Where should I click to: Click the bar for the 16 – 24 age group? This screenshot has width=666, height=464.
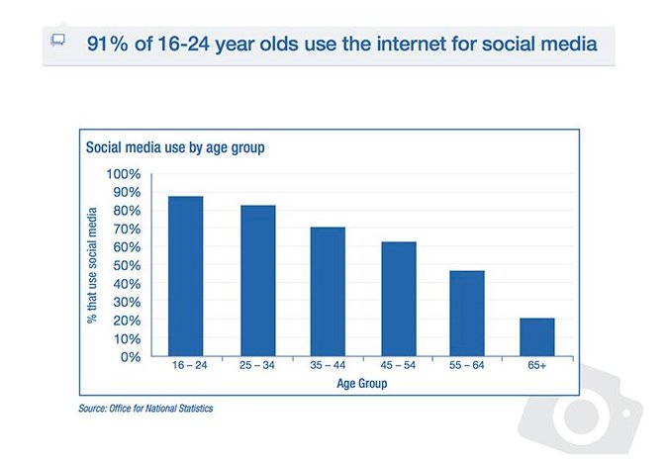pyautogui.click(x=185, y=276)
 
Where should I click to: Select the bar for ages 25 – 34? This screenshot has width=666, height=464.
pyautogui.click(x=257, y=281)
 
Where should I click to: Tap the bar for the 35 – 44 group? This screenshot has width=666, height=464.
pyautogui.click(x=328, y=292)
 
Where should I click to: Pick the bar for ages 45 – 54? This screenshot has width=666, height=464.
pyautogui.click(x=398, y=299)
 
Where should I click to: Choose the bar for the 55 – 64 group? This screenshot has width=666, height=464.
pyautogui.click(x=468, y=314)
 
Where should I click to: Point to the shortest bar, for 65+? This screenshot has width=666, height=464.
pyautogui.click(x=537, y=337)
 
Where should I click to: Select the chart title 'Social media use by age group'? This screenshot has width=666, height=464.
pyautogui.click(x=173, y=147)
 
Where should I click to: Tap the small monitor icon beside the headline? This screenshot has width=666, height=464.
pyautogui.click(x=57, y=41)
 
